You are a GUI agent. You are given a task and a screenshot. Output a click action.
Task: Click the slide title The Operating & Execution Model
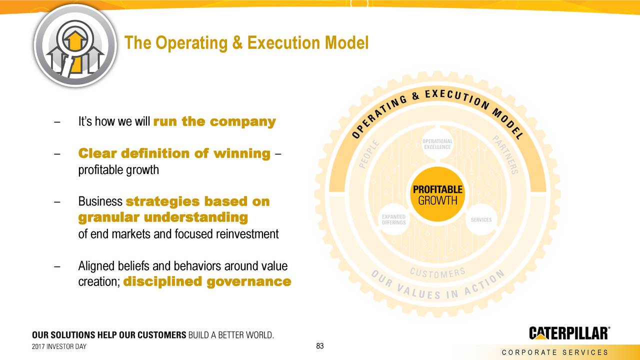246,43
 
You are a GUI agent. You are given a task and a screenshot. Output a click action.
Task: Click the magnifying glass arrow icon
75,45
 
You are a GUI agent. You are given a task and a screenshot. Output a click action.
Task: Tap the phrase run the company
214,121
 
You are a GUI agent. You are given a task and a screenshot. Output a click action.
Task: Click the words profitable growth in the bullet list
118,170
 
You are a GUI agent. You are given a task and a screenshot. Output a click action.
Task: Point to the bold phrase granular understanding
163,217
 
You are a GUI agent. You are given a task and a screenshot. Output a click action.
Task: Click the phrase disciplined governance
206,281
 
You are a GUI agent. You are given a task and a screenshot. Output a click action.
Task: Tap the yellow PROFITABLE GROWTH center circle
437,195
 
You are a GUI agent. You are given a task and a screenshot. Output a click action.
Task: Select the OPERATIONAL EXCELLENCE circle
437,144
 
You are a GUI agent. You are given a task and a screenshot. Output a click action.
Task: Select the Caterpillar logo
569,333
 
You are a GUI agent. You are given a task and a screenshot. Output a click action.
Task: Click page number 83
320,346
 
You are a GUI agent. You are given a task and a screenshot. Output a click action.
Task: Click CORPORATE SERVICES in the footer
554,352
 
